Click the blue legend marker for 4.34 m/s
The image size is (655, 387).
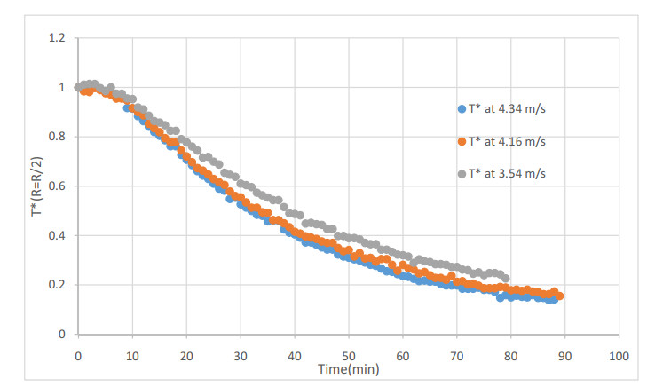click(x=462, y=109)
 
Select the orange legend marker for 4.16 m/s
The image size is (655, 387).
click(x=462, y=141)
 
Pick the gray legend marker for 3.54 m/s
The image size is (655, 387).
click(x=462, y=173)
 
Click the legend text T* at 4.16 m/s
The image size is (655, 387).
click(x=507, y=141)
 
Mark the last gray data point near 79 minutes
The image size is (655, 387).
click(x=506, y=278)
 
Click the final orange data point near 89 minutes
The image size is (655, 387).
click(x=559, y=296)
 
